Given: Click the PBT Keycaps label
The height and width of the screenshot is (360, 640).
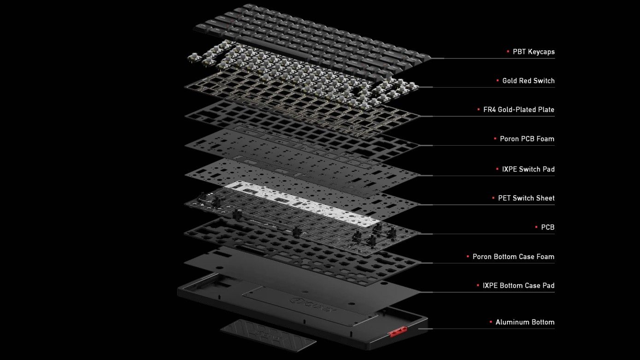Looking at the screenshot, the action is pyautogui.click(x=534, y=52).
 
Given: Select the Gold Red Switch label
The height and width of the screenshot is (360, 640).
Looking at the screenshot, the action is pyautogui.click(x=528, y=81).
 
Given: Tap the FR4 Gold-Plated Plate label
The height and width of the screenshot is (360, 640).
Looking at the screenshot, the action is pyautogui.click(x=518, y=110).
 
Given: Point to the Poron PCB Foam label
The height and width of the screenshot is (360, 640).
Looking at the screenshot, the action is pyautogui.click(x=527, y=139).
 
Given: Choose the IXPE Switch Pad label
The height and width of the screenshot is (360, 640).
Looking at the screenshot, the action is pyautogui.click(x=528, y=169).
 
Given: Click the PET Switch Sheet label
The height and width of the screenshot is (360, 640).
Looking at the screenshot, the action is pyautogui.click(x=526, y=198).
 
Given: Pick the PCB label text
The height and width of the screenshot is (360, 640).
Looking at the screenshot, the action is pyautogui.click(x=548, y=227).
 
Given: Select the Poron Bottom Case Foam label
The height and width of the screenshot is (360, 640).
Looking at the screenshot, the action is pyautogui.click(x=513, y=256).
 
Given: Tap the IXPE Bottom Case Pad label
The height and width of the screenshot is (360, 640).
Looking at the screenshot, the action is pyautogui.click(x=518, y=285).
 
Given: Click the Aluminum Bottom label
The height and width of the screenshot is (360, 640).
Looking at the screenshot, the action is pyautogui.click(x=525, y=322).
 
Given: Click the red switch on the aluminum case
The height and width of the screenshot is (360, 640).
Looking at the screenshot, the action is pyautogui.click(x=398, y=332).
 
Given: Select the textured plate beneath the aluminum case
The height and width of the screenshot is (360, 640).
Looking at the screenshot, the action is pyautogui.click(x=268, y=335).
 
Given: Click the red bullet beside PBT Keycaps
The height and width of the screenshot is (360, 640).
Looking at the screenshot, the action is pyautogui.click(x=508, y=52).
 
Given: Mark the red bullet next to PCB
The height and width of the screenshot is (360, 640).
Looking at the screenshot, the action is pyautogui.click(x=536, y=227).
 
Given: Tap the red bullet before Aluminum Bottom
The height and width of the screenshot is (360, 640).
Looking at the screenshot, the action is pyautogui.click(x=491, y=322).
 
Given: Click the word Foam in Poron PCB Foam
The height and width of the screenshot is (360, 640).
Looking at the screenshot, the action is pyautogui.click(x=545, y=139).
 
